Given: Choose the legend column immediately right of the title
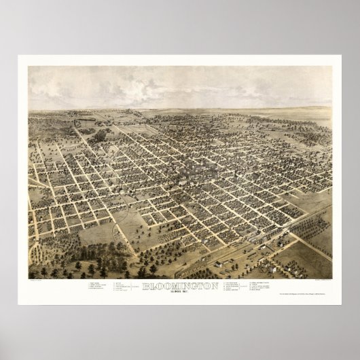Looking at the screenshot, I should tap(234, 288).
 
